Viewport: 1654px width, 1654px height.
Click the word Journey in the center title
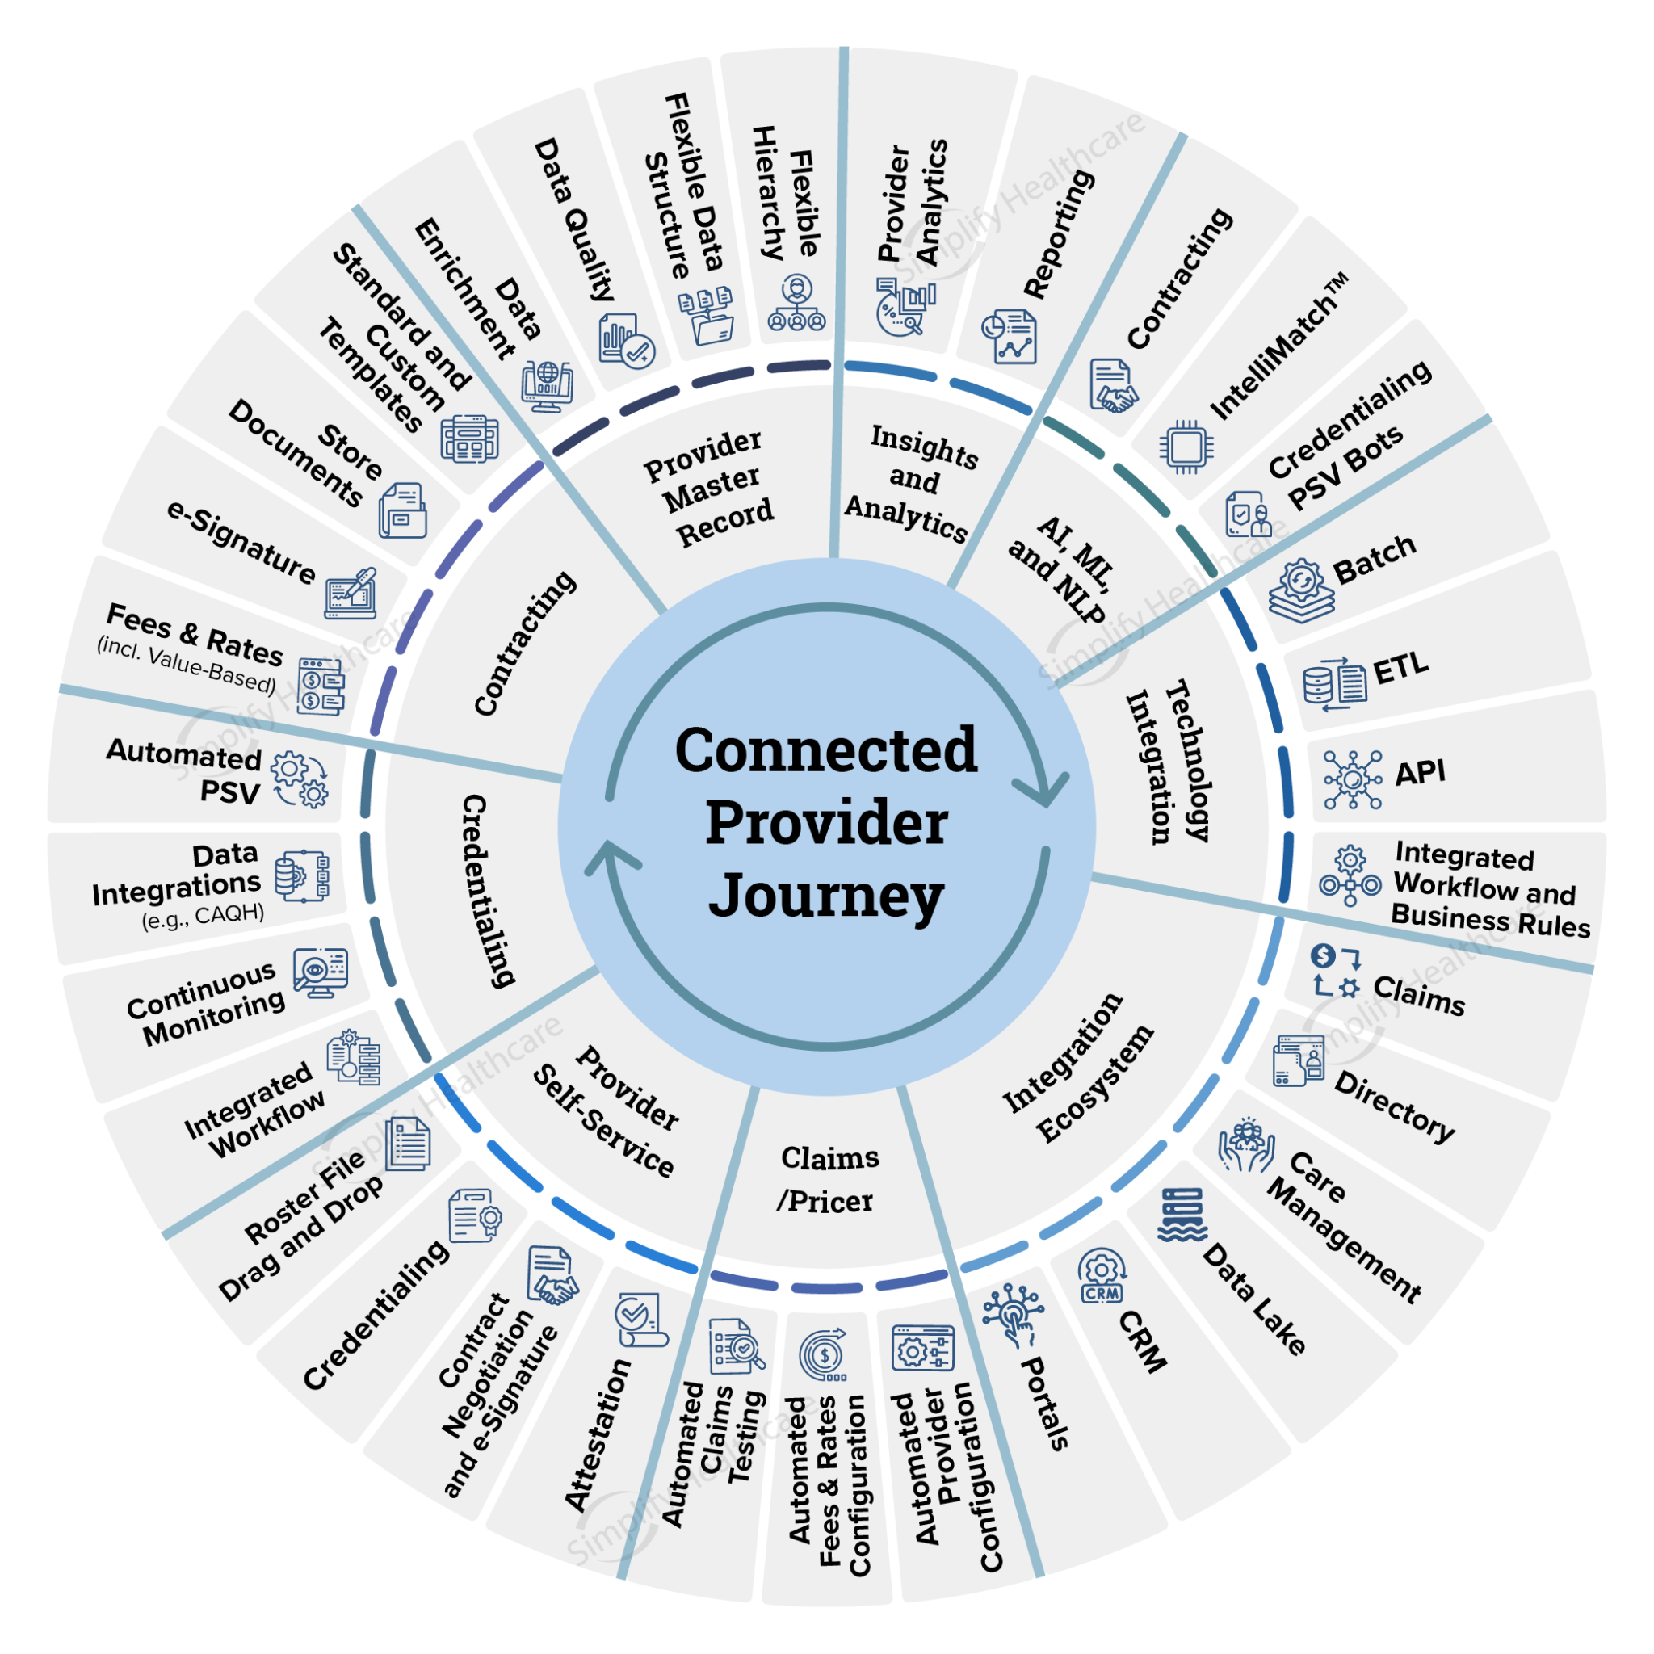tap(826, 896)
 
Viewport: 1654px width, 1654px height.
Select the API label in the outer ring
tap(1421, 772)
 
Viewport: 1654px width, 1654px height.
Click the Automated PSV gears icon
tap(299, 779)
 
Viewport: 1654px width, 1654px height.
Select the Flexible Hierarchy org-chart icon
tap(797, 303)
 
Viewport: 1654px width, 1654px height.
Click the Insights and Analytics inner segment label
tap(909, 483)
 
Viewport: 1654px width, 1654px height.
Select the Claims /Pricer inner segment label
tap(828, 1179)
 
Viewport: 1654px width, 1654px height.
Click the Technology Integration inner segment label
tap(1169, 762)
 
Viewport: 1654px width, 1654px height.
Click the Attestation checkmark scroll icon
tap(640, 1318)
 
